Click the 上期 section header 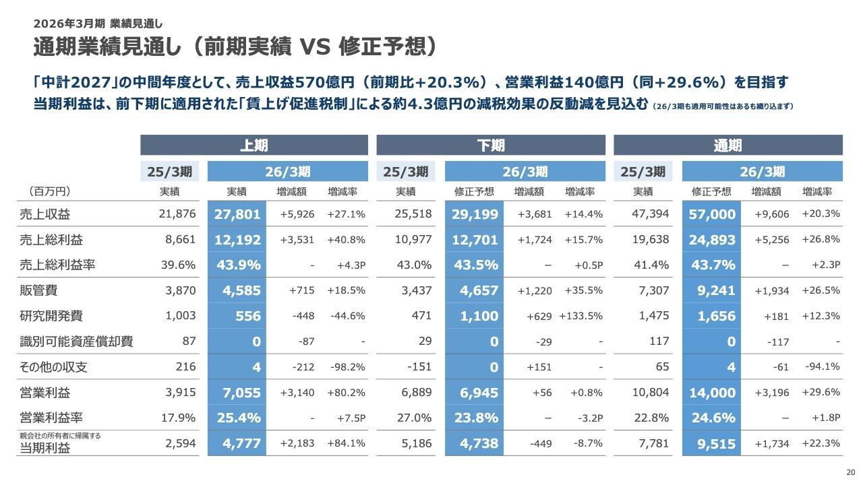coord(254,145)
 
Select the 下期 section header coord(490,145)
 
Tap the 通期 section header coord(727,145)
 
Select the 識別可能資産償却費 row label coord(76,342)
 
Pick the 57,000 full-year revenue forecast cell coord(712,214)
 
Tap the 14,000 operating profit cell coord(712,392)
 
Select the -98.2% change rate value coord(347,367)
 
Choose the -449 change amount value coord(541,443)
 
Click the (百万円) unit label coord(49,191)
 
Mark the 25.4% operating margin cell coord(239,418)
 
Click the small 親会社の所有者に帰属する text coord(60,435)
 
